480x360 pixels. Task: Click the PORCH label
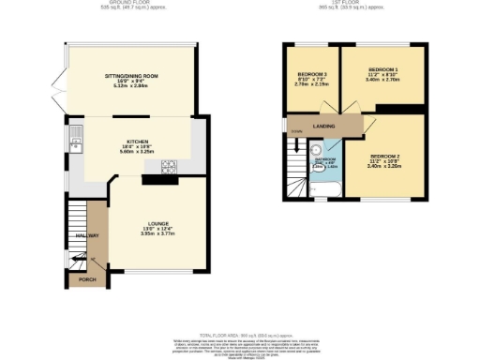tap(86, 279)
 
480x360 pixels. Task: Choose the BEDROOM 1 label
tap(382, 69)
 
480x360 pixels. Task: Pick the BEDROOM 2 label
tap(384, 155)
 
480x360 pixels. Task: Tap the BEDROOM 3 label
tap(312, 74)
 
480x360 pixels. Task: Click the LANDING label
tap(325, 124)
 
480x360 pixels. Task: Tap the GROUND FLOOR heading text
tap(130, 3)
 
